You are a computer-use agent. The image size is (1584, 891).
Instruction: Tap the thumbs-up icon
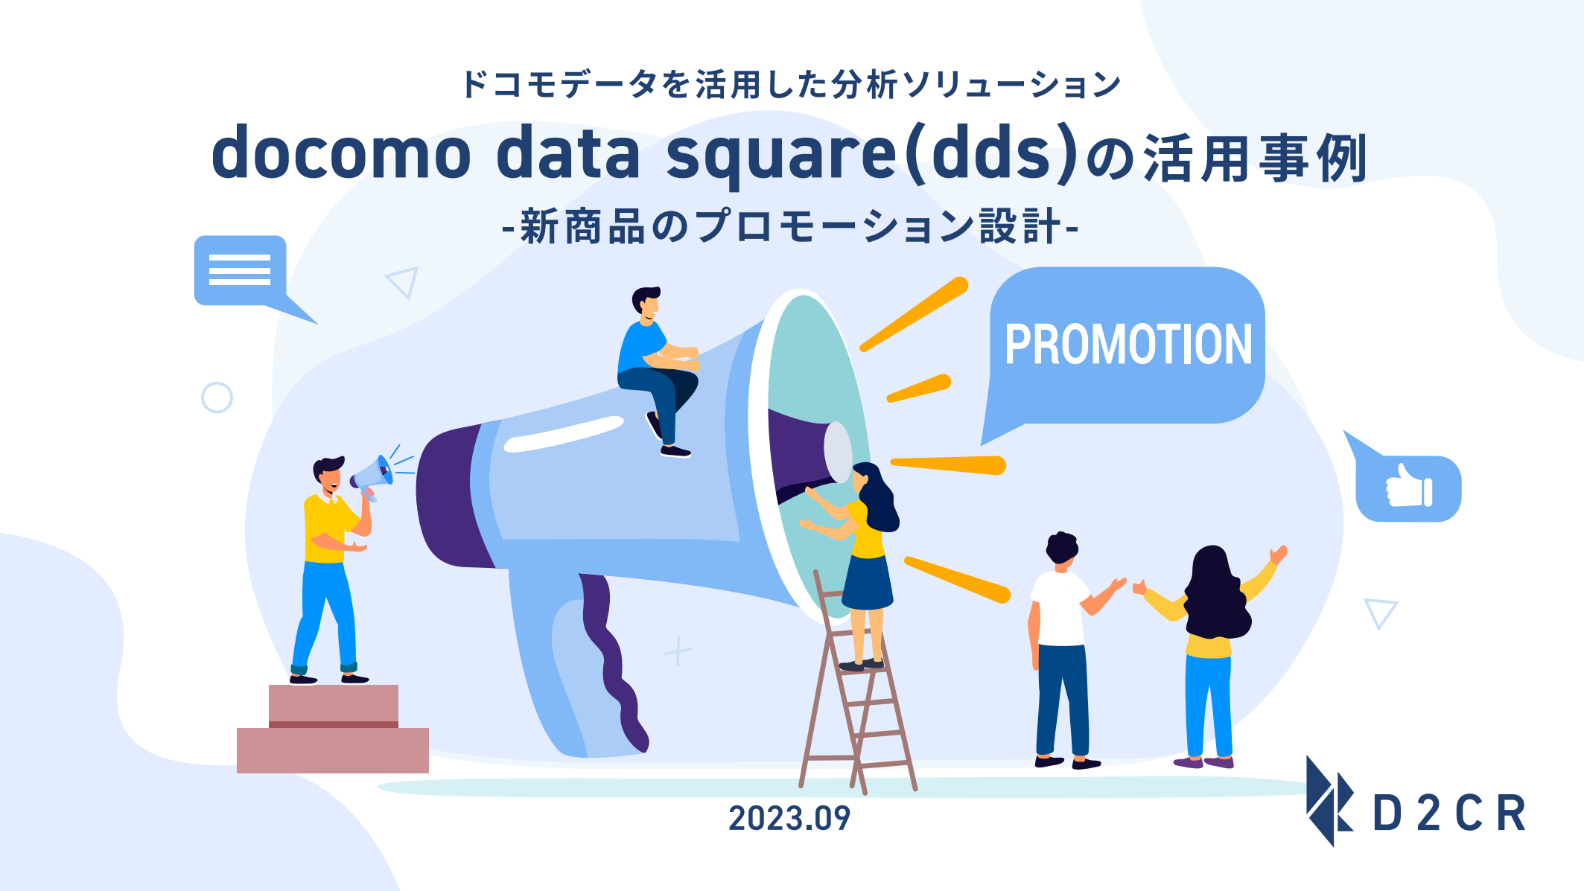point(1408,488)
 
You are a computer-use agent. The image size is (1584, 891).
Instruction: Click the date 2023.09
point(789,818)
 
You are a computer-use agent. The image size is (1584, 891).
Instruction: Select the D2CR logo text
point(1448,813)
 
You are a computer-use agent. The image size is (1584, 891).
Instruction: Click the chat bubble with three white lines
point(240,269)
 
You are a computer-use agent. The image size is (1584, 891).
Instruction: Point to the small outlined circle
point(217,397)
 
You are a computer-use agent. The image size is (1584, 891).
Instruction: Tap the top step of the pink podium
point(333,702)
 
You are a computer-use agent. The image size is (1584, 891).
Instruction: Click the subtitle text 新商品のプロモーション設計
point(790,226)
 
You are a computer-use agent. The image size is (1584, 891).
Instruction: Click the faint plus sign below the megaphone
point(678,651)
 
